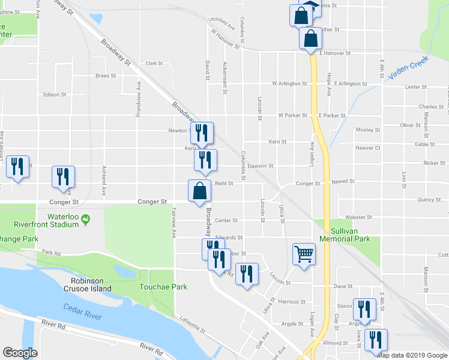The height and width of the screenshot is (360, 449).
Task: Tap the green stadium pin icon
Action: pyautogui.click(x=85, y=220)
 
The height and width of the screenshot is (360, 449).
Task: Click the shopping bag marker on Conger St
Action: pyautogui.click(x=200, y=191)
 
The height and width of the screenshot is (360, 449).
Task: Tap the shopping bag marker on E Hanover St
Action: pyautogui.click(x=310, y=39)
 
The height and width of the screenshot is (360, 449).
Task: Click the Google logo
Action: pyautogui.click(x=20, y=353)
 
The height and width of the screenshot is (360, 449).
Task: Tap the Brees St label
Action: pyautogui.click(x=105, y=76)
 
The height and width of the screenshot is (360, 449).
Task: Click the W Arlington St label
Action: pyautogui.click(x=289, y=83)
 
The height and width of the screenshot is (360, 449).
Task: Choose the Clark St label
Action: pyautogui.click(x=154, y=63)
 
